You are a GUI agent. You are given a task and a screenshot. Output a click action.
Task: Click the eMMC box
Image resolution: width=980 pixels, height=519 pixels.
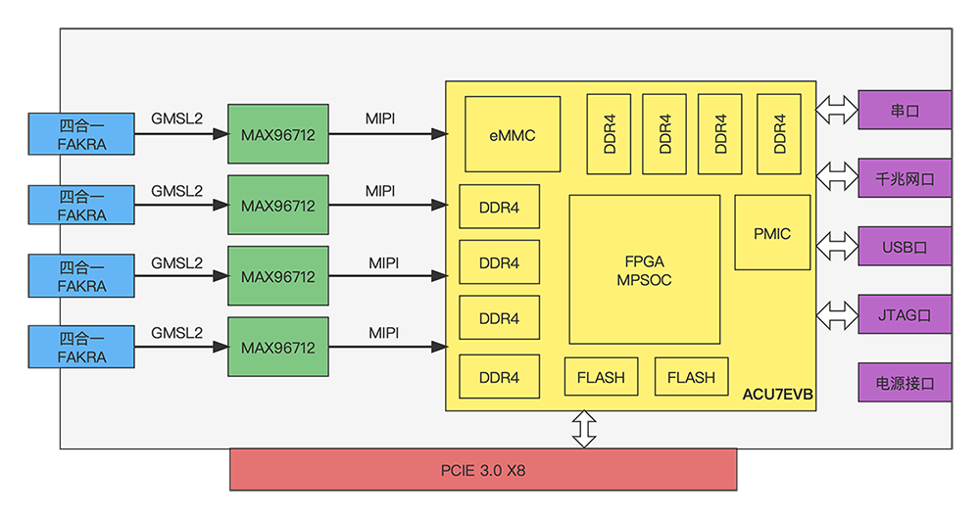pos(513,134)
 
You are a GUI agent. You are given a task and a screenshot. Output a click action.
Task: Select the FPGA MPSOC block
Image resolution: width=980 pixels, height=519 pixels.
pos(644,269)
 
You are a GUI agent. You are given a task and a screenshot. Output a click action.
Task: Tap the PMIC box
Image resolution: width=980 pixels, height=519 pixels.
pos(772,233)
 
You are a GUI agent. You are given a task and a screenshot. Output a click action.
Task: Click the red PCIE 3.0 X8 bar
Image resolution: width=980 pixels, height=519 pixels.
pos(482,469)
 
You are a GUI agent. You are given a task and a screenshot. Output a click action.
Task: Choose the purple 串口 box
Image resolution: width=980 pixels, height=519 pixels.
pos(904,110)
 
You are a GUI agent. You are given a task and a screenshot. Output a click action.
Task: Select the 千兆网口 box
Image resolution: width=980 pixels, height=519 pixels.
pos(904,178)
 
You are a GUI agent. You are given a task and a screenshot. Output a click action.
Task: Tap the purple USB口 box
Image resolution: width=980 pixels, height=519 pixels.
pos(904,247)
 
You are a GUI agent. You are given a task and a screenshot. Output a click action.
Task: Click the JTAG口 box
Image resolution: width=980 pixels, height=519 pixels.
pos(904,315)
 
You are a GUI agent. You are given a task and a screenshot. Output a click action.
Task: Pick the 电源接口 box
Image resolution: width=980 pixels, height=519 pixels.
pos(904,383)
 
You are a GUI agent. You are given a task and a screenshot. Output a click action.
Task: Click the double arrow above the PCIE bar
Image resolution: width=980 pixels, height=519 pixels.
pos(584,429)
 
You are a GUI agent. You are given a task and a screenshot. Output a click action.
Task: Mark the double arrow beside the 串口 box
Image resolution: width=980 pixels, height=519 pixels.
pos(836,110)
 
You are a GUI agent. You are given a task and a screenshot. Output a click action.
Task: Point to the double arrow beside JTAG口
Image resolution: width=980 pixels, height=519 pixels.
pos(836,315)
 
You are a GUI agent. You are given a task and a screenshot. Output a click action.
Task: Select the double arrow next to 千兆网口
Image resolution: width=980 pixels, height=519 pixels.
pos(836,178)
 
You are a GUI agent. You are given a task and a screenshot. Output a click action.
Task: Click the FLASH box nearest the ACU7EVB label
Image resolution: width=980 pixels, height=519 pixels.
pos(691,377)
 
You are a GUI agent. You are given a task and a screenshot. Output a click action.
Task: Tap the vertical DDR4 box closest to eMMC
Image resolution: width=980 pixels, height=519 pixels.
pos(609,134)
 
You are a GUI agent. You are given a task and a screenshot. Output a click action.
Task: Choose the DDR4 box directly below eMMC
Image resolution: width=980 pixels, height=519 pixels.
pos(499,208)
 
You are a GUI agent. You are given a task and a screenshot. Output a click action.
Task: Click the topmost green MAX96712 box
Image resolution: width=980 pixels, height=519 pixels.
pos(277,135)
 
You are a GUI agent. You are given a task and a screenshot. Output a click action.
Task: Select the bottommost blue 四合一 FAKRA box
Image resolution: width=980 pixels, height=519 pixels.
pos(81,348)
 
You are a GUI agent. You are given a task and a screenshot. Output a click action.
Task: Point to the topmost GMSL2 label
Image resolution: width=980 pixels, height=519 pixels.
pos(176,118)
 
